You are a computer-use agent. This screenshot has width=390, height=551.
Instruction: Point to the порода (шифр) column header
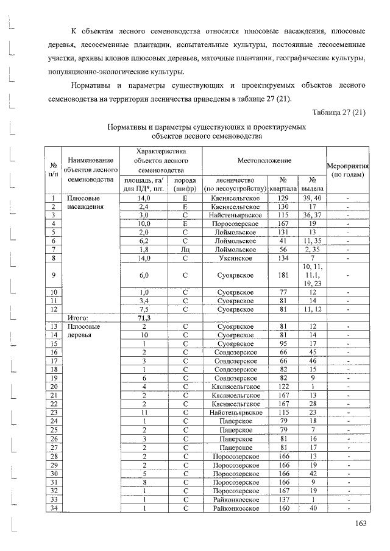click(185, 184)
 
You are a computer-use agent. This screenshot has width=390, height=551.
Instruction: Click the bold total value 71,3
click(144, 317)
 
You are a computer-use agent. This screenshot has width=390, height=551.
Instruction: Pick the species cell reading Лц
click(185, 249)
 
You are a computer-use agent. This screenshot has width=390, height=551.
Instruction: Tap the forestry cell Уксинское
click(235, 258)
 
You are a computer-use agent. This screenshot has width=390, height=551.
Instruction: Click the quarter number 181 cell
click(283, 275)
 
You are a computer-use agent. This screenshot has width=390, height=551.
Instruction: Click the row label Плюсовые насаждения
click(83, 202)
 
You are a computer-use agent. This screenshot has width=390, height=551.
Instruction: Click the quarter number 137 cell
click(283, 499)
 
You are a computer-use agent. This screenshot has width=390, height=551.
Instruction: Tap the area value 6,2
click(144, 240)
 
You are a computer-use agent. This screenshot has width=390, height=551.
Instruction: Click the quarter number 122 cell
click(283, 386)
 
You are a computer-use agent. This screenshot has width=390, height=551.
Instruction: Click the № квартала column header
click(283, 184)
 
